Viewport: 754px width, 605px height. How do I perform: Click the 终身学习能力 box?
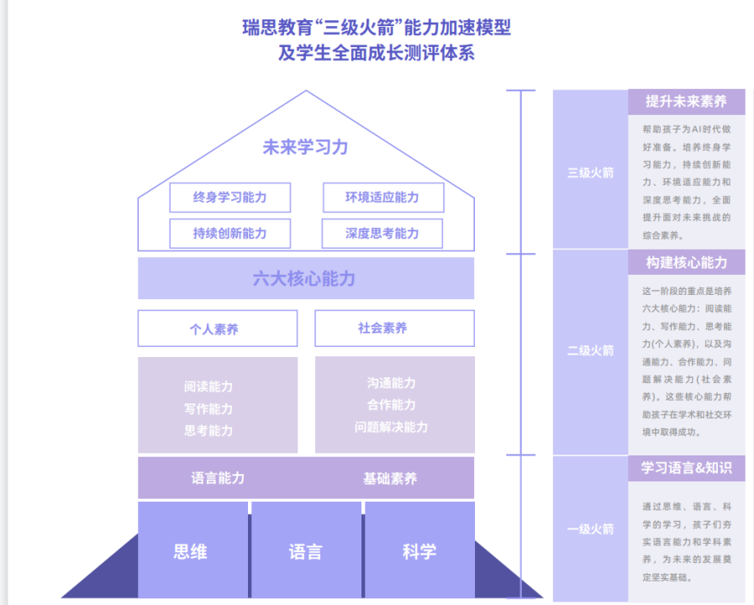pyautogui.click(x=229, y=197)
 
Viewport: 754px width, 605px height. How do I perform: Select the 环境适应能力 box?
pyautogui.click(x=382, y=197)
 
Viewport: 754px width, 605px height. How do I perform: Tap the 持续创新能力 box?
pyautogui.click(x=229, y=234)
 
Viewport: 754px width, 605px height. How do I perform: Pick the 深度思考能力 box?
pyautogui.click(x=382, y=234)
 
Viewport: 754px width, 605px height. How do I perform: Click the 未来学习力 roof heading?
pyautogui.click(x=305, y=147)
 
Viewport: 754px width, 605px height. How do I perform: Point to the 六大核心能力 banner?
pyautogui.click(x=305, y=279)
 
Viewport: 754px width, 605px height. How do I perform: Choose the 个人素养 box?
pyautogui.click(x=217, y=329)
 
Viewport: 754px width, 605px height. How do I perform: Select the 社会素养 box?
pyautogui.click(x=393, y=329)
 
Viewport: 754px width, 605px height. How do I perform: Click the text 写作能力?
pyautogui.click(x=208, y=409)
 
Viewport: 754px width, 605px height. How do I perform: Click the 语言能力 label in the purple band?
pyautogui.click(x=218, y=478)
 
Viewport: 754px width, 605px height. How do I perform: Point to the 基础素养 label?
pyautogui.click(x=390, y=478)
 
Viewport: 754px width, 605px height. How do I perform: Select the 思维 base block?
pyautogui.click(x=191, y=551)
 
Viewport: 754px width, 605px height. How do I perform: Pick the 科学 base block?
pyautogui.click(x=419, y=551)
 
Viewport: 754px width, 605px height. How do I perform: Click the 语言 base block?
pyautogui.click(x=305, y=551)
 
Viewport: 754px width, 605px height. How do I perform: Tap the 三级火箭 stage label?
pyautogui.click(x=590, y=173)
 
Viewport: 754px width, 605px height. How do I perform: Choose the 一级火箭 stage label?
pyautogui.click(x=590, y=529)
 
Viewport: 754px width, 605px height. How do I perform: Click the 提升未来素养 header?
pyautogui.click(x=686, y=102)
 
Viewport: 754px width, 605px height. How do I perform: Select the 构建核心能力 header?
pyautogui.click(x=686, y=262)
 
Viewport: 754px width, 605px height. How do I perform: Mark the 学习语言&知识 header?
pyautogui.click(x=686, y=468)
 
